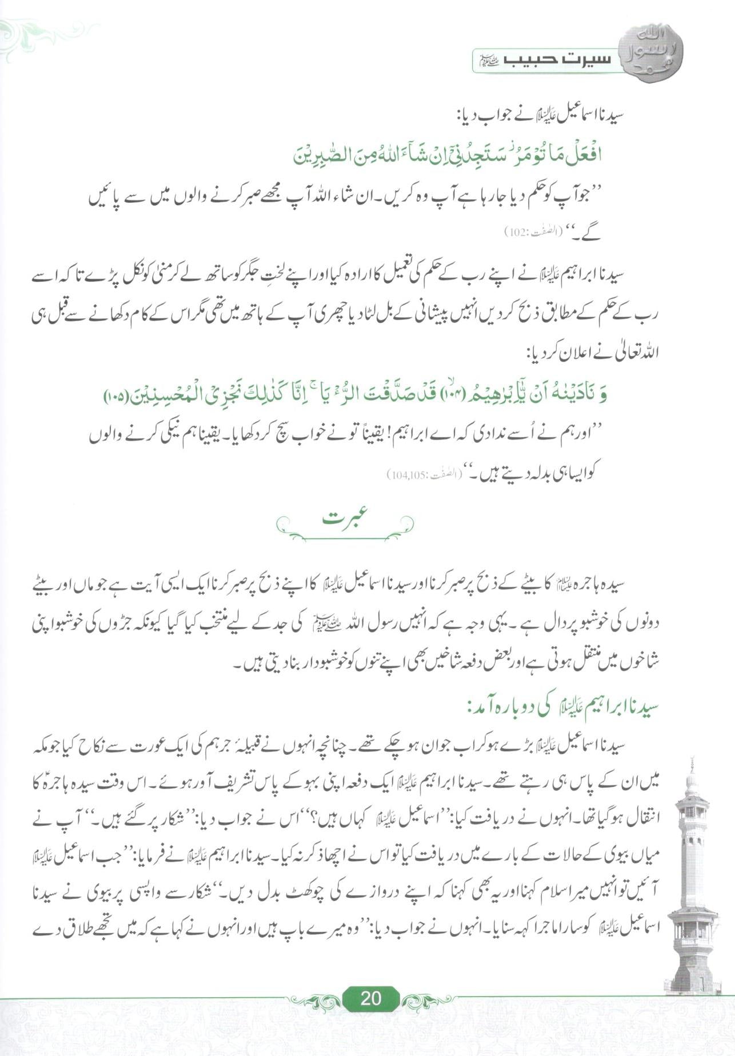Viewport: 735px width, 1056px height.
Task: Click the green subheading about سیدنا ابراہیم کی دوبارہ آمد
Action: coord(562,706)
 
